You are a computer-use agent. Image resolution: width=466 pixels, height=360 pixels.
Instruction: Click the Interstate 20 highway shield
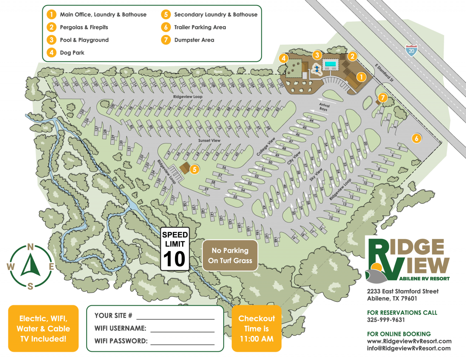coord(411,50)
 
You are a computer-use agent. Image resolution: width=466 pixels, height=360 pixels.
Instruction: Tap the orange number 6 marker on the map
coord(417,138)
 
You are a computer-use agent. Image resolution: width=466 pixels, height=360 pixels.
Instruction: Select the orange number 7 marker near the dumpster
coord(383,97)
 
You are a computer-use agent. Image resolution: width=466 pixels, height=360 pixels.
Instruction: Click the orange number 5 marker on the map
coord(194,170)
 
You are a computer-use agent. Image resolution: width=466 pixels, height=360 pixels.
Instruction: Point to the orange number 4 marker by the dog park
coord(283,58)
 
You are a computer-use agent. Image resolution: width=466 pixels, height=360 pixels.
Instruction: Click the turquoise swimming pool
coord(330,64)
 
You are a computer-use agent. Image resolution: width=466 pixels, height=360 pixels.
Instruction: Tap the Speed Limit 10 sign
coord(175,249)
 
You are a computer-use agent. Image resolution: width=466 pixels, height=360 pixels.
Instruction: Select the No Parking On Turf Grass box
coord(230,255)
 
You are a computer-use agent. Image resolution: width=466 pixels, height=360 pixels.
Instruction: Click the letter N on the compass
coord(30,247)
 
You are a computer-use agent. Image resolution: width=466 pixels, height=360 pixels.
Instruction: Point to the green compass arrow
coord(31,265)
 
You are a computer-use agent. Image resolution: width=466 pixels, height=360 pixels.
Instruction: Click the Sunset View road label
coord(209,140)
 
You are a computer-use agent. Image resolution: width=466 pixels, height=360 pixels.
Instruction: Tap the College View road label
coord(266,147)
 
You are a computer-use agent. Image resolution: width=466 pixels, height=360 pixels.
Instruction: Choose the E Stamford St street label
coord(384,73)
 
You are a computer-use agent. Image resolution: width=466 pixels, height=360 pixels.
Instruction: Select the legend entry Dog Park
coord(72,52)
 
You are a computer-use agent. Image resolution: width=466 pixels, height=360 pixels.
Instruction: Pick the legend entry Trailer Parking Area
coord(200,27)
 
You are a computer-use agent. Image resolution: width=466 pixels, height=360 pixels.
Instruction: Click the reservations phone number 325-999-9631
coord(386,320)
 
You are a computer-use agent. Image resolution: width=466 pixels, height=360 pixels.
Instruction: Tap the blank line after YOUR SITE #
coord(175,316)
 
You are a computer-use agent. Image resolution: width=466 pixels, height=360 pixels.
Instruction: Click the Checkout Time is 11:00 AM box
coord(257,328)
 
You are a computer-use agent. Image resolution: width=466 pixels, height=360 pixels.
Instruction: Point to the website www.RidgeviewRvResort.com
coord(409,341)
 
